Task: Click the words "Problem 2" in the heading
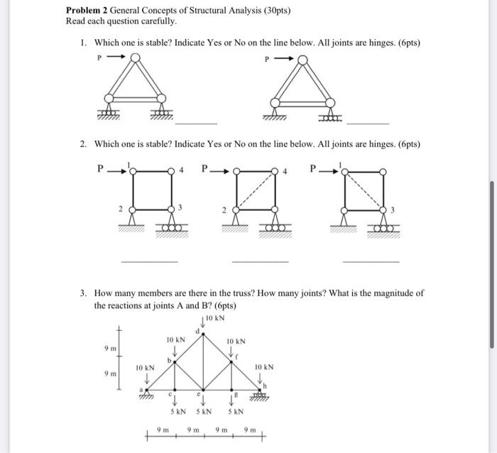tap(87, 11)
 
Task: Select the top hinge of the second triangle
tap(303, 61)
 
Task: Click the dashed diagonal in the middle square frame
tap(257, 190)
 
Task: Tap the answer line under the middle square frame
tap(260, 262)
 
